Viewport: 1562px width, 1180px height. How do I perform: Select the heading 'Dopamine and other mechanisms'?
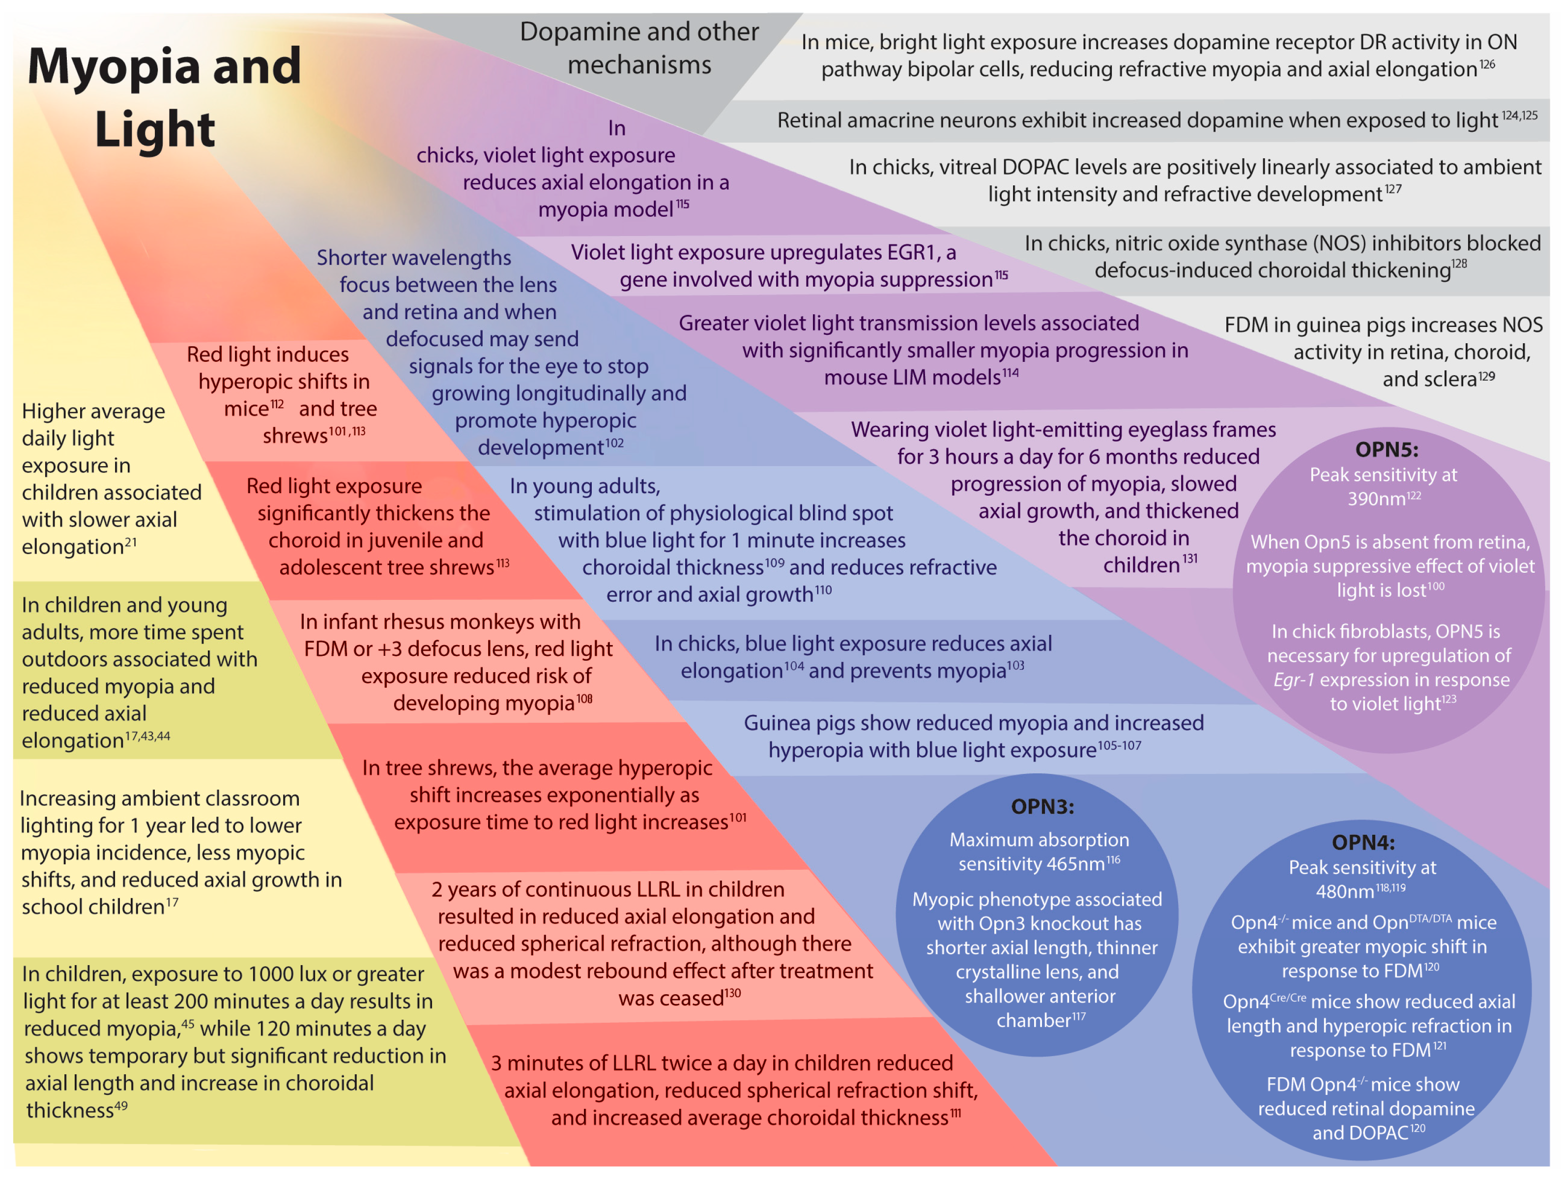639,48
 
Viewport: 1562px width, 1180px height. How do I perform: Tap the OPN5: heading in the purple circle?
1386,449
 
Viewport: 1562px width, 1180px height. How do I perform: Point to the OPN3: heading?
1042,806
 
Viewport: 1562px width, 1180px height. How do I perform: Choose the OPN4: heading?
1363,842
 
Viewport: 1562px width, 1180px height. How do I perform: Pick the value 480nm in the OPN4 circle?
1344,892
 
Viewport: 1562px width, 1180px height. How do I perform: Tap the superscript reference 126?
1487,65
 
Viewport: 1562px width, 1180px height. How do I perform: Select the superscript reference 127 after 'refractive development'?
1392,189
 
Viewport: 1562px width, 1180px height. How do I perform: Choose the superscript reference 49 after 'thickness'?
121,1106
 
